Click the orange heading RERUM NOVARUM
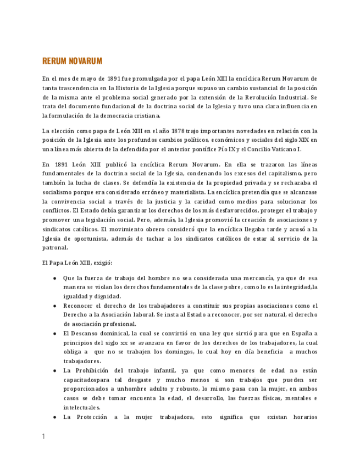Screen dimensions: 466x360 (72, 61)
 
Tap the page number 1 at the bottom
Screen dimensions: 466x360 (43, 437)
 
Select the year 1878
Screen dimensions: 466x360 (167, 131)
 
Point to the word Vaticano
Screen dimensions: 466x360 (280, 149)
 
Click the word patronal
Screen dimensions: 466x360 (55, 248)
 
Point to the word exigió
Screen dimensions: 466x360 (102, 263)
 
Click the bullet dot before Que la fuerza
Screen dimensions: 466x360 (54, 278)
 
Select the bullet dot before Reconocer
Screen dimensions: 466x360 (54, 306)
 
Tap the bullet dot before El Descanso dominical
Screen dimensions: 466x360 (54, 334)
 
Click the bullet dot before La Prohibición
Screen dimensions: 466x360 (54, 370)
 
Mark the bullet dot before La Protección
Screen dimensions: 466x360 (54, 417)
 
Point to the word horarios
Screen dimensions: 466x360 (302, 417)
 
